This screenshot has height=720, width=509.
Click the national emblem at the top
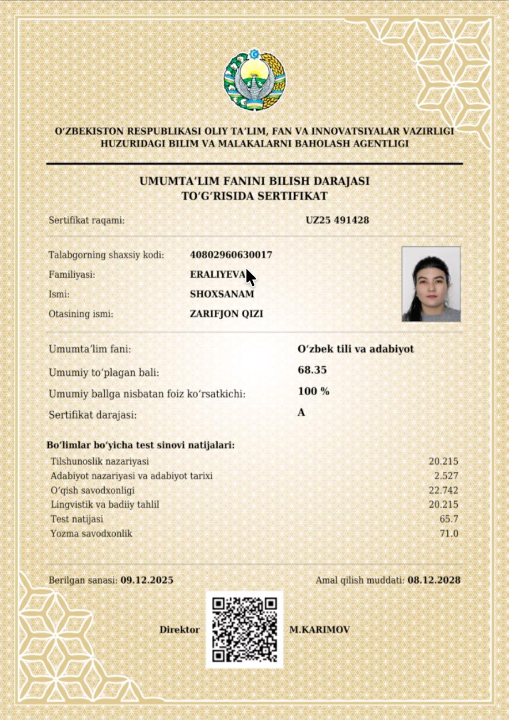click(x=254, y=80)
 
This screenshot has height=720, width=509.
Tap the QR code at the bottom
click(x=245, y=630)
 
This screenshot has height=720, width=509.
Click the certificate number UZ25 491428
click(x=337, y=220)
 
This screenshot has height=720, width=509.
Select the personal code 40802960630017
click(x=231, y=255)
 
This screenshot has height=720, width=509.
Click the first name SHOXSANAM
click(x=222, y=294)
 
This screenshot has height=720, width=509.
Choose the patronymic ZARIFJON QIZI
click(x=227, y=314)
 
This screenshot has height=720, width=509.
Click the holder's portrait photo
click(x=431, y=284)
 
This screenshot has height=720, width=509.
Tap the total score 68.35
click(x=312, y=370)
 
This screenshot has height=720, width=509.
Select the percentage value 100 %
click(x=314, y=392)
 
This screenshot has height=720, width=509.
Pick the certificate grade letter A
click(x=301, y=413)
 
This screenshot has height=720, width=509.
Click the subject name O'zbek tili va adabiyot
click(x=356, y=349)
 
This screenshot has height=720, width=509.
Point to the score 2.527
click(x=446, y=476)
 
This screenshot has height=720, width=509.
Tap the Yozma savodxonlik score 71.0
click(x=449, y=534)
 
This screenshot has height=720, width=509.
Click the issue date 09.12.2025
click(x=147, y=580)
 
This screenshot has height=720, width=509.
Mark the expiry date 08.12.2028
click(x=434, y=580)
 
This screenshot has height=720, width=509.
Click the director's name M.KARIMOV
click(x=319, y=630)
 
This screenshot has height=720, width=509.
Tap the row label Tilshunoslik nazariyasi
click(x=100, y=461)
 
